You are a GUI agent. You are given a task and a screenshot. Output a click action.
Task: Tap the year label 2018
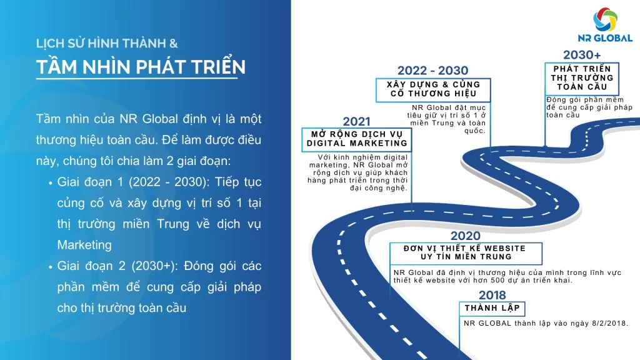click(x=492, y=295)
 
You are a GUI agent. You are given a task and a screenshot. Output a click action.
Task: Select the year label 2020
click(x=466, y=236)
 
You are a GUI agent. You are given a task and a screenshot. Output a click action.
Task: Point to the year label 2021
click(x=356, y=121)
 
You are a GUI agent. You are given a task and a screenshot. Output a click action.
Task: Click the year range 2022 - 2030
click(x=432, y=71)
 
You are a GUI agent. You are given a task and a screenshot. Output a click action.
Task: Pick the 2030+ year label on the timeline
click(x=582, y=55)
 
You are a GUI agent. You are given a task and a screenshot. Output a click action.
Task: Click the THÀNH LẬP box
click(x=492, y=308)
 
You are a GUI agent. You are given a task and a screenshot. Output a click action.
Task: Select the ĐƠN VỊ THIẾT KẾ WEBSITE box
click(x=466, y=252)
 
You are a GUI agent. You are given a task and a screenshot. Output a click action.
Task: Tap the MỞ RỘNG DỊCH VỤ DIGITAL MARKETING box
click(x=357, y=138)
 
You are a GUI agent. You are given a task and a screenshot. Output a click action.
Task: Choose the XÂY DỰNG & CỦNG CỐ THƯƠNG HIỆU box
click(x=433, y=89)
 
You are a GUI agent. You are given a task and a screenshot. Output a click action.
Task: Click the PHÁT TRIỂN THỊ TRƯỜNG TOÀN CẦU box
click(x=582, y=77)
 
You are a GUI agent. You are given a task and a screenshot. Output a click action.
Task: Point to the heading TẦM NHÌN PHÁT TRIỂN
click(x=140, y=67)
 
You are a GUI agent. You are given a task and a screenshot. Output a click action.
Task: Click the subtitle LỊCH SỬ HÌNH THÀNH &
click(x=107, y=44)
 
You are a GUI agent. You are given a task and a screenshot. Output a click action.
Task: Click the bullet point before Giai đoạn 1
click(x=50, y=183)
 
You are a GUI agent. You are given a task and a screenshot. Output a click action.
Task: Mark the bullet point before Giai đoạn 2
click(x=50, y=267)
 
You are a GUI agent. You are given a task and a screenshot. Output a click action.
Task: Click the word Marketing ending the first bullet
click(x=84, y=244)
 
